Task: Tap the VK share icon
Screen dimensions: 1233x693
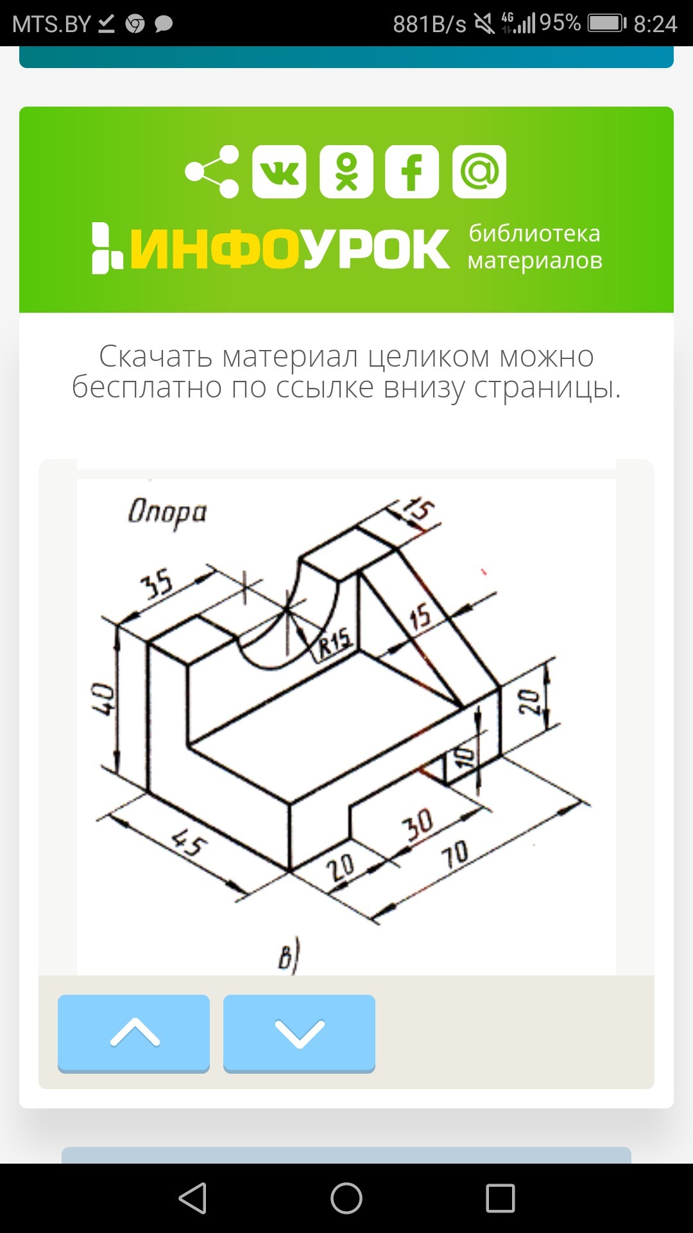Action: coord(279,171)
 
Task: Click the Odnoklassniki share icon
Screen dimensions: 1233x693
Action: coord(346,171)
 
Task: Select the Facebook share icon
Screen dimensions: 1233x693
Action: coord(412,171)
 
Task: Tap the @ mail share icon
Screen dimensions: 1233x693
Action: coord(479,171)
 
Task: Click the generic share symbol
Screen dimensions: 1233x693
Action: coord(212,171)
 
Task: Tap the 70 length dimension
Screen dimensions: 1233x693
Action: coord(454,855)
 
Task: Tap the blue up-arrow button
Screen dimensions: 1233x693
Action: coord(133,1033)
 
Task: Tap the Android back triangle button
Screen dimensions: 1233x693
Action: coord(193,1198)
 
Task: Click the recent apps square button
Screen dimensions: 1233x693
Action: coord(501,1198)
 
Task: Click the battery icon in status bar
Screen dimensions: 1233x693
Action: coord(607,24)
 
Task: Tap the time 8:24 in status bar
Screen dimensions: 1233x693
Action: coord(655,24)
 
